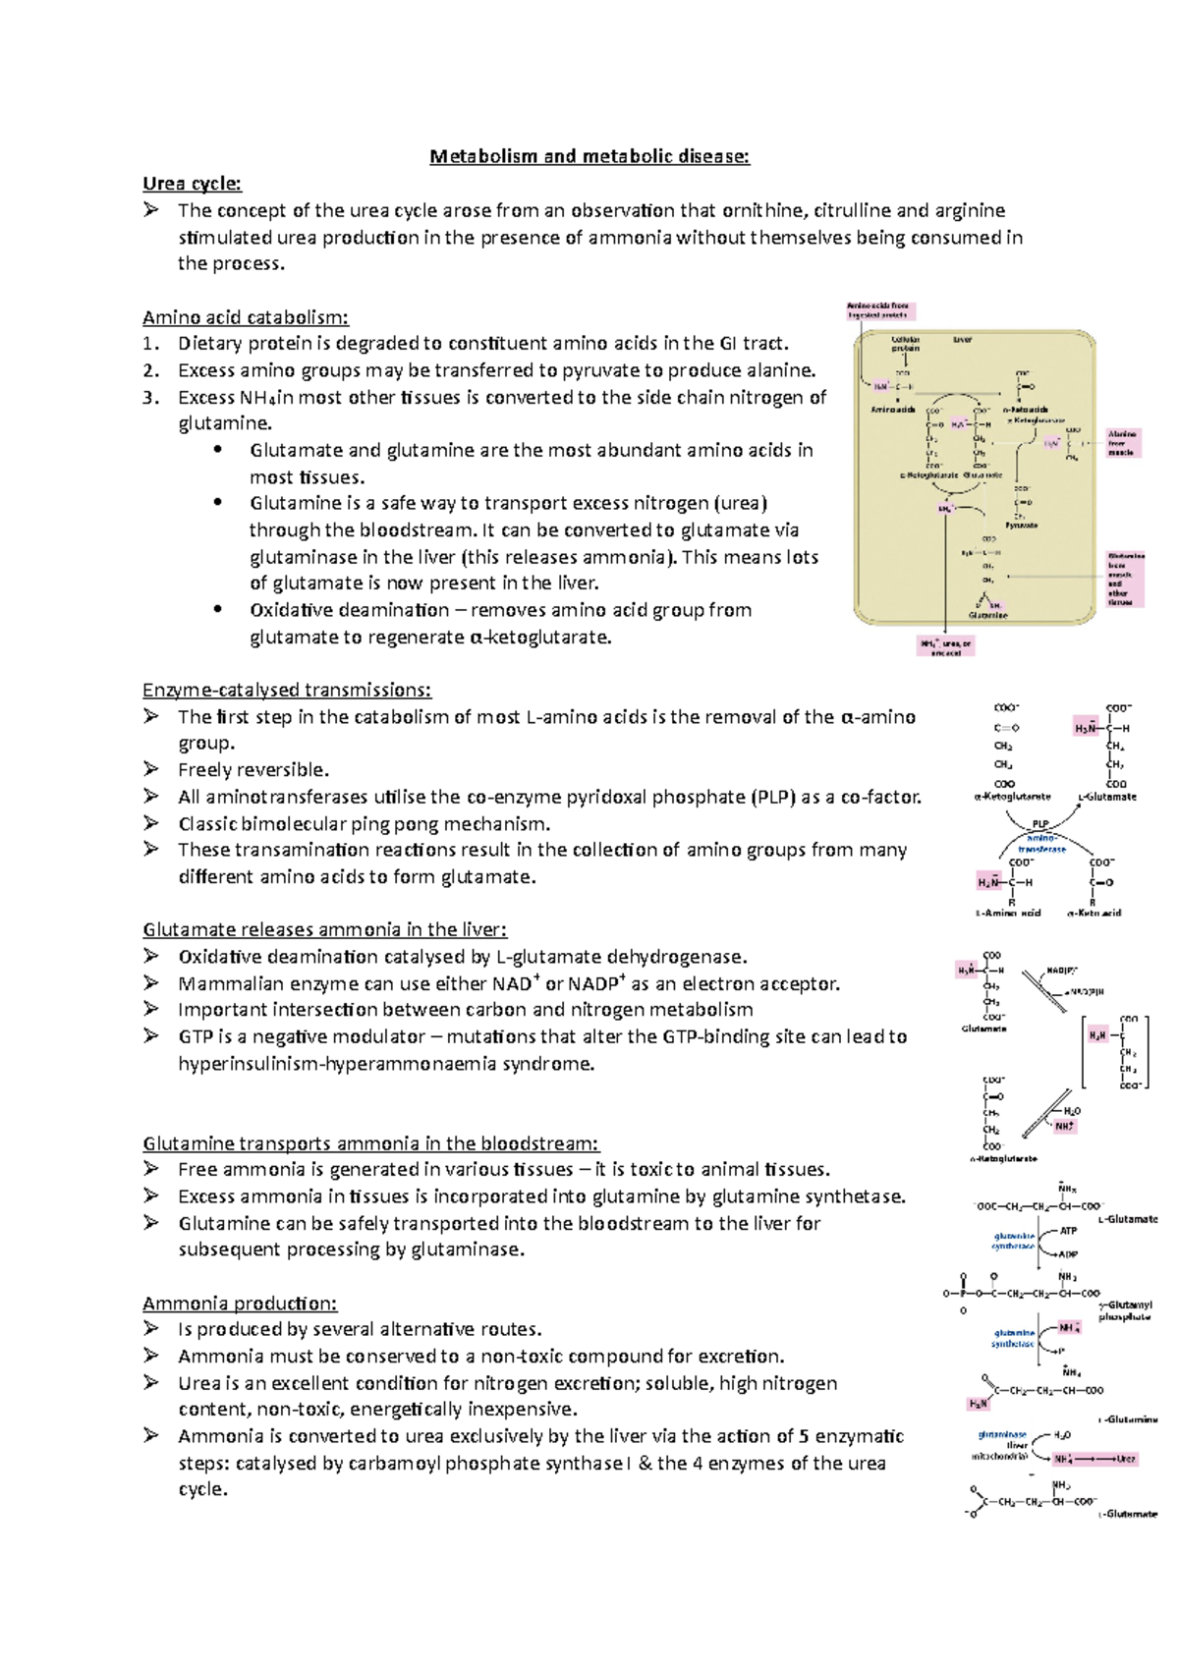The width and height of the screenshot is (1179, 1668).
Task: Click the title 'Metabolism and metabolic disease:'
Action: pos(589,156)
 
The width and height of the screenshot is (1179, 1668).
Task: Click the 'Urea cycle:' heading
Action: pos(192,184)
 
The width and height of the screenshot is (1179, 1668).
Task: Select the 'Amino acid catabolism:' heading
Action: pos(246,317)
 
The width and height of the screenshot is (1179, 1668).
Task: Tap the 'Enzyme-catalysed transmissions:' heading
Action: pos(287,690)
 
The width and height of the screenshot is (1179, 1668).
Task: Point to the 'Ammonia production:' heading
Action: pos(240,1304)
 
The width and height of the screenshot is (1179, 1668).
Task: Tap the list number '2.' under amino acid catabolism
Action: pos(150,370)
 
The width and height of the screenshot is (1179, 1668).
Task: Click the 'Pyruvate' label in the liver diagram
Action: pos(1022,526)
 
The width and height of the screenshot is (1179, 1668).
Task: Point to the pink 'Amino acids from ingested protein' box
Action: pos(879,310)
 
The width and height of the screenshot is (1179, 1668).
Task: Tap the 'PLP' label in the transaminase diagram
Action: pos(1040,824)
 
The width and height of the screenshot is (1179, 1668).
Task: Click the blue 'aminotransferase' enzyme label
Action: pos(1041,843)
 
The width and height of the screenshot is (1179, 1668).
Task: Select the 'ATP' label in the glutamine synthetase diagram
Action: pos(1068,1230)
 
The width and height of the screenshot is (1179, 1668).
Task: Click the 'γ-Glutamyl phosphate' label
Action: pos(1125,1310)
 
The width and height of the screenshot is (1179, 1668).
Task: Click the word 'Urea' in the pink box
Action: pos(1126,1459)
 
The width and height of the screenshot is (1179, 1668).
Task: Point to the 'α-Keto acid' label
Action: pos(1094,913)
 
